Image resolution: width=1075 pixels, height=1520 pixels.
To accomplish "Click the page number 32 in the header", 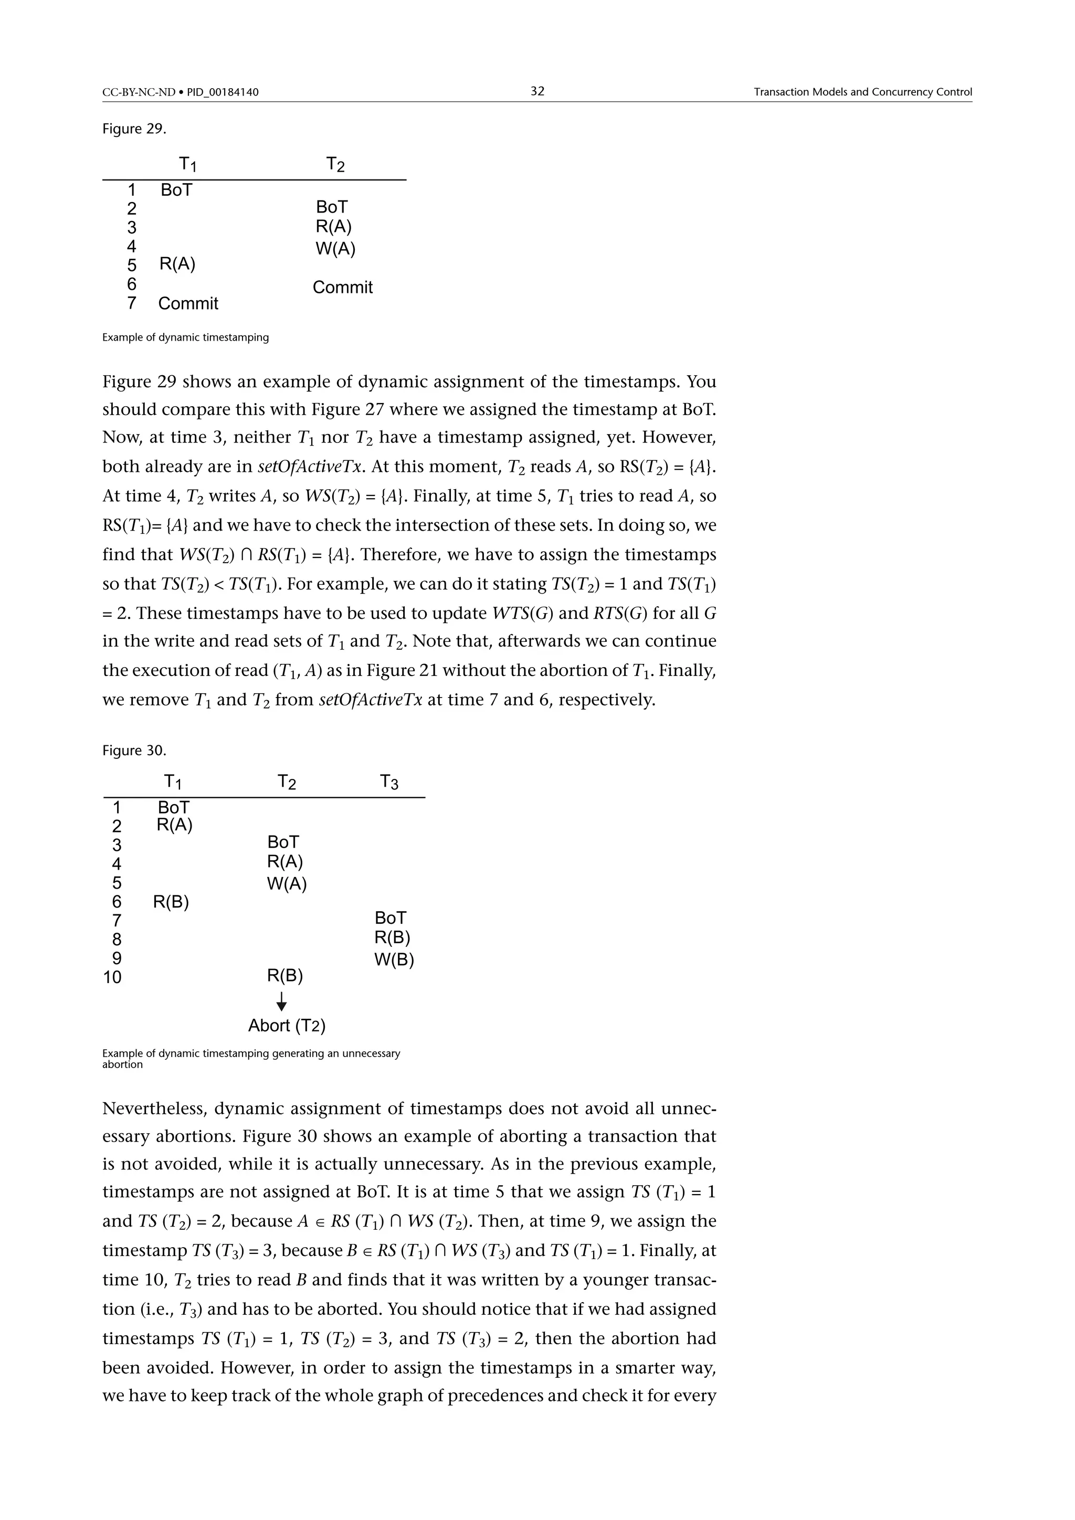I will [537, 91].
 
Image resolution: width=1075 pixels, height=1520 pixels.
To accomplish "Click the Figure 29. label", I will [134, 129].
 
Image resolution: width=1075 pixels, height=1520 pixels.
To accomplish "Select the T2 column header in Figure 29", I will [335, 164].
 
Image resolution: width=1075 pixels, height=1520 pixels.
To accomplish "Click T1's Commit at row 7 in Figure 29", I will [188, 304].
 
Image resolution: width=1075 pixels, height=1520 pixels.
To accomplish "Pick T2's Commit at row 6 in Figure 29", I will [342, 287].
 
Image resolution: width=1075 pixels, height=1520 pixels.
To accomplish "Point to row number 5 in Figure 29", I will [132, 266].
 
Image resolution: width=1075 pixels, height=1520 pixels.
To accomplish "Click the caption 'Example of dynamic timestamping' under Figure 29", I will [185, 337].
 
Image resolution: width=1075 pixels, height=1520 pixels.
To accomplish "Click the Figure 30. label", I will [134, 750].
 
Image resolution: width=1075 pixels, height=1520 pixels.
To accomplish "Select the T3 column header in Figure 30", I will [389, 783].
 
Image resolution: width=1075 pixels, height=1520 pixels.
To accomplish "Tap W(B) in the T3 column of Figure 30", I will [394, 960].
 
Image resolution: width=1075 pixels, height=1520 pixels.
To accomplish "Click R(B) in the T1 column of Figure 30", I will [171, 902].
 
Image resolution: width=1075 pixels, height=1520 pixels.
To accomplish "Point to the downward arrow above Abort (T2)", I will [282, 1001].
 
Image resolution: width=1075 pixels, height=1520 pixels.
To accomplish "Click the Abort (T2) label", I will [287, 1026].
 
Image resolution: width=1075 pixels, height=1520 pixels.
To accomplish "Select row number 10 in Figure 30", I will [112, 978].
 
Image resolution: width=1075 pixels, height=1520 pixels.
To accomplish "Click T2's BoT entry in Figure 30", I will [283, 842].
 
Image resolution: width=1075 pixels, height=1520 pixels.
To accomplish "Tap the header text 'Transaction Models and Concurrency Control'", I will [862, 92].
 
